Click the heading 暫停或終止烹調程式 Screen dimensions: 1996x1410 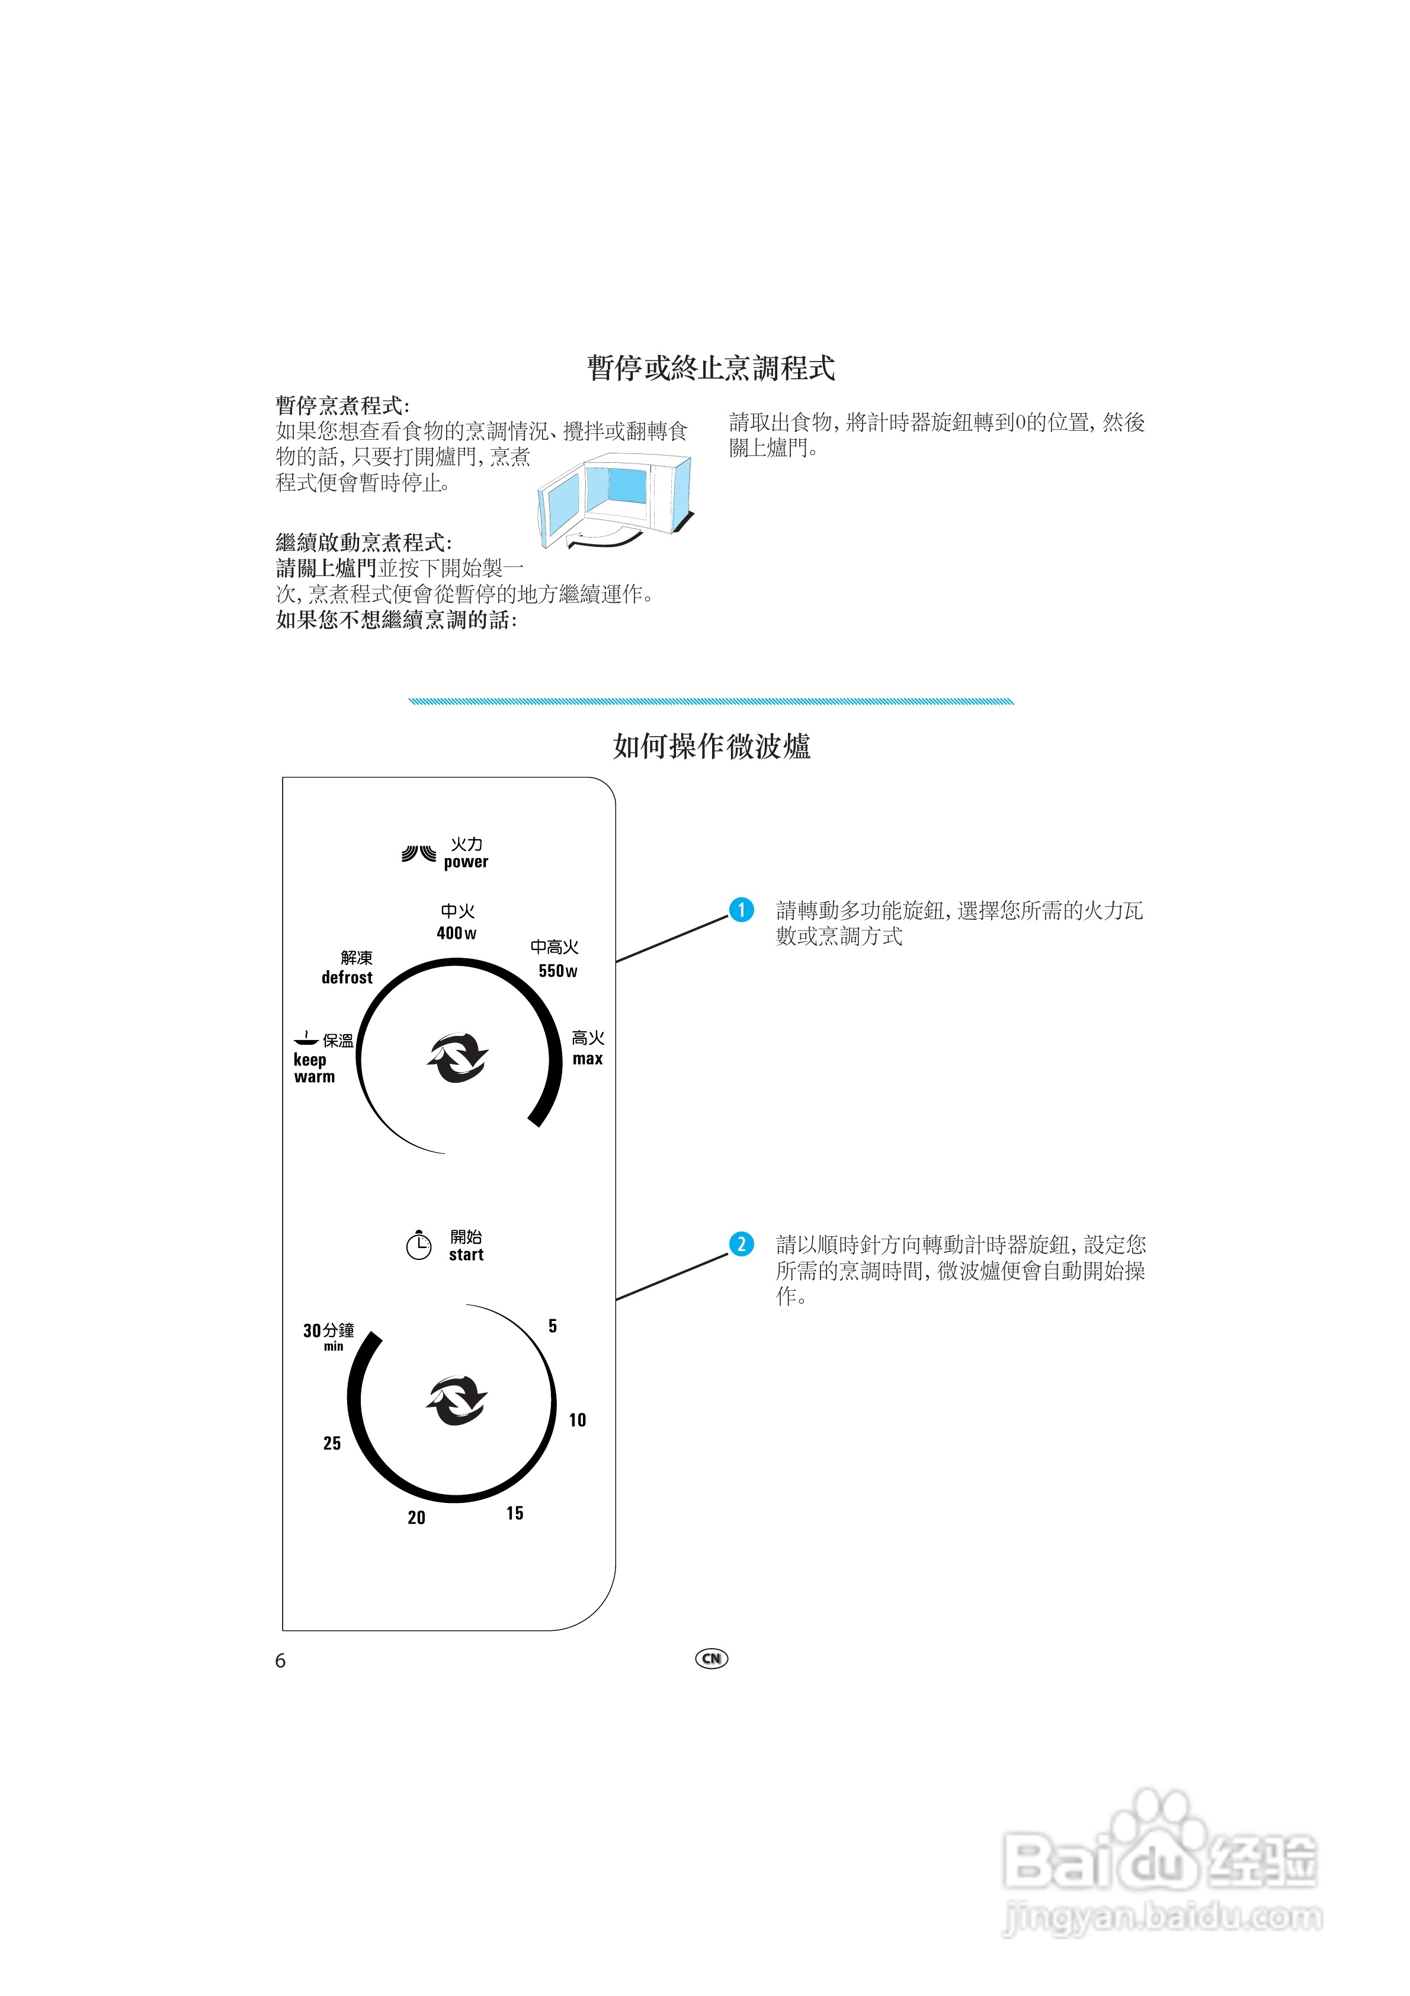click(710, 367)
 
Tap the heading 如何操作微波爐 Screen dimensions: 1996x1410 click(711, 746)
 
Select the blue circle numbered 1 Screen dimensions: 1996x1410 click(741, 910)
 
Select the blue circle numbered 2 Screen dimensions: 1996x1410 click(741, 1244)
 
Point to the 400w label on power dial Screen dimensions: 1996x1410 click(456, 933)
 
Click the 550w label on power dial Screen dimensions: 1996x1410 click(557, 971)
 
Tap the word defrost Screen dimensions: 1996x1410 click(347, 978)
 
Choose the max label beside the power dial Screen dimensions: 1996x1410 click(588, 1059)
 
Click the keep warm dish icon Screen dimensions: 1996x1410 click(305, 1038)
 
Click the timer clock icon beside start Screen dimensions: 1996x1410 click(418, 1246)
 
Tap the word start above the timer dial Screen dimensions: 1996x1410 click(466, 1255)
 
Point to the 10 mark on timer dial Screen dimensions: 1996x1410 click(577, 1421)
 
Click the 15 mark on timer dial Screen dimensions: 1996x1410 click(515, 1514)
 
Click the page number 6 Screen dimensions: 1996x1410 click(280, 1661)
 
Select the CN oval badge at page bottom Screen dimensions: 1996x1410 click(711, 1659)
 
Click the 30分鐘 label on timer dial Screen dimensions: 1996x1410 click(329, 1331)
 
